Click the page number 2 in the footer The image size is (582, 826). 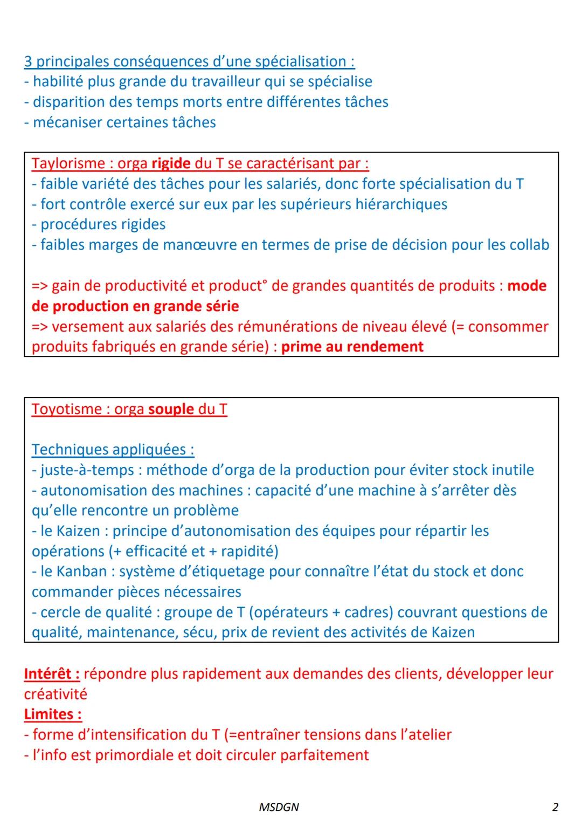click(555, 807)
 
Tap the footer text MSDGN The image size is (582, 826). click(279, 807)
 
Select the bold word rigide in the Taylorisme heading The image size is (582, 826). click(171, 163)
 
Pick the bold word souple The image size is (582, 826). click(171, 409)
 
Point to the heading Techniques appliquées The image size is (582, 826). click(113, 450)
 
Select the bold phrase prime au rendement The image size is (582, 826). click(352, 347)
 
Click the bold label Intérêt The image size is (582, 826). click(52, 674)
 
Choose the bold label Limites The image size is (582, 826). click(52, 714)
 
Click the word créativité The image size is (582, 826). click(56, 694)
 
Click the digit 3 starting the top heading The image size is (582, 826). click(28, 61)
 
